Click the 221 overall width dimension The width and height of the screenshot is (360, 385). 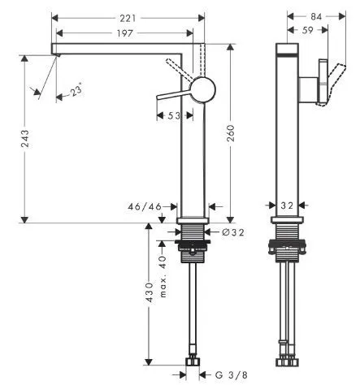tap(123, 17)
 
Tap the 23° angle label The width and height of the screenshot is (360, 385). tap(76, 92)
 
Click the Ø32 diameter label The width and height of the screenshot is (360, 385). tap(232, 233)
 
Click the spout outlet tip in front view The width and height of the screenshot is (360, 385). tap(56, 50)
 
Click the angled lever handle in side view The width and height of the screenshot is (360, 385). tap(323, 81)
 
